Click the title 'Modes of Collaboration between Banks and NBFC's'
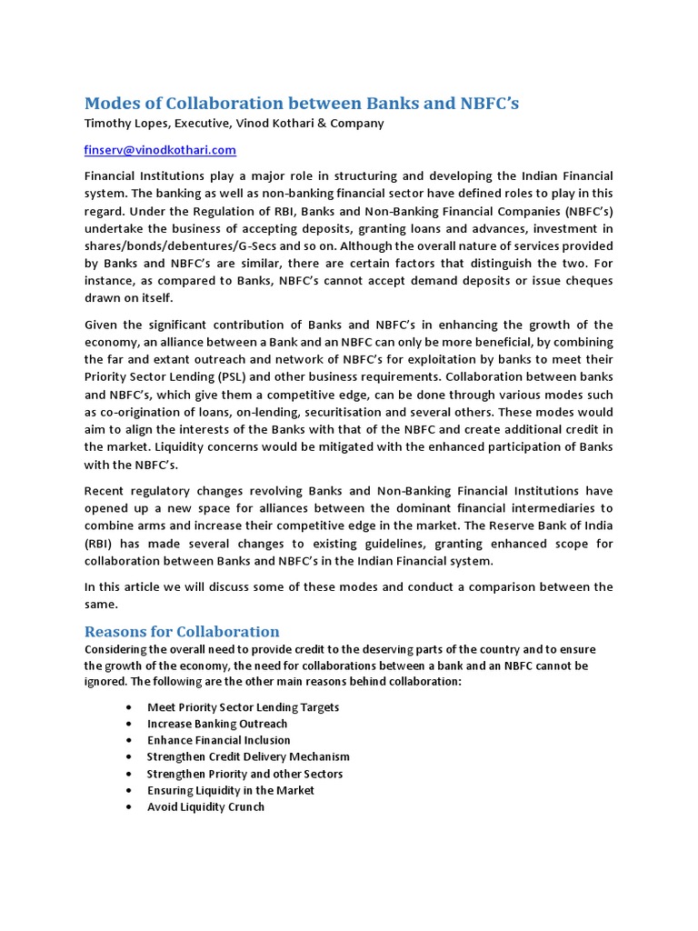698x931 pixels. point(301,103)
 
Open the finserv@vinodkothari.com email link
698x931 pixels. point(160,149)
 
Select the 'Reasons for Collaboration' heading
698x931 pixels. point(182,631)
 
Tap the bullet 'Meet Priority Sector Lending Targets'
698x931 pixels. point(243,707)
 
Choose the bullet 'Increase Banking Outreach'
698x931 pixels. point(217,724)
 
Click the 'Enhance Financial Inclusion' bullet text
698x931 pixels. point(218,740)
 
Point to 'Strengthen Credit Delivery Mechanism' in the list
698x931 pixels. point(248,756)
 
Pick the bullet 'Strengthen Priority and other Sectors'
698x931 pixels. point(244,774)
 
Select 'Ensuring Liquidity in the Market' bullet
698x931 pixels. point(231,790)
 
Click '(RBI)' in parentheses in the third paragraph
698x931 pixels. point(101,544)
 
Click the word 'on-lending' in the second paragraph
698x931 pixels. point(247,412)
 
